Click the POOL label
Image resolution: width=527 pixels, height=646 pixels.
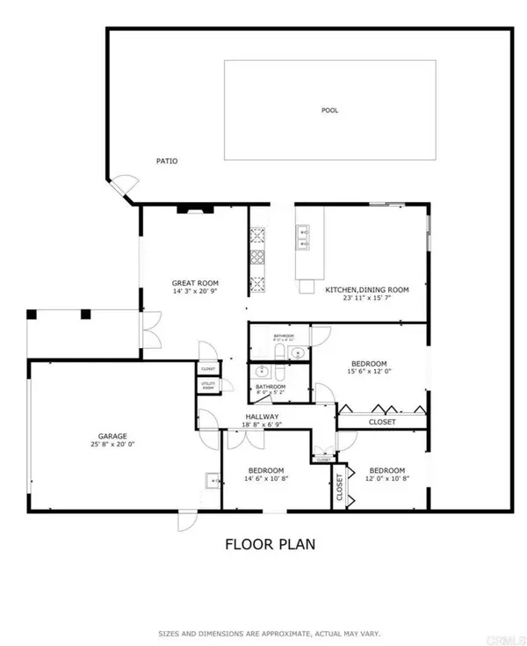[x=329, y=111]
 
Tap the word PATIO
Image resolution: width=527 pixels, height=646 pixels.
[x=167, y=161]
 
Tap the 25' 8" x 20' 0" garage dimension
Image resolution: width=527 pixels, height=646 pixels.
[x=112, y=445]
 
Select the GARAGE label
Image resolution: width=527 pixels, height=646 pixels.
[x=112, y=435]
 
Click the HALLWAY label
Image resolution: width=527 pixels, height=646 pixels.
[x=262, y=417]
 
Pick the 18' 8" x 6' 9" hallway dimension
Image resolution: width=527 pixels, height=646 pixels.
[x=262, y=425]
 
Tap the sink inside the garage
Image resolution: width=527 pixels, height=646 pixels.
[x=213, y=480]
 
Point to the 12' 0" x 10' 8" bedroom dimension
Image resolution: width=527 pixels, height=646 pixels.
[x=386, y=479]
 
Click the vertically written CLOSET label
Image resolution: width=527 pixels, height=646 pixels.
[x=339, y=488]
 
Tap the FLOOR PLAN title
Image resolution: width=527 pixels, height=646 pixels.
[x=271, y=544]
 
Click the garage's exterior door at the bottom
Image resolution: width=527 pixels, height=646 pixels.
[x=186, y=521]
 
